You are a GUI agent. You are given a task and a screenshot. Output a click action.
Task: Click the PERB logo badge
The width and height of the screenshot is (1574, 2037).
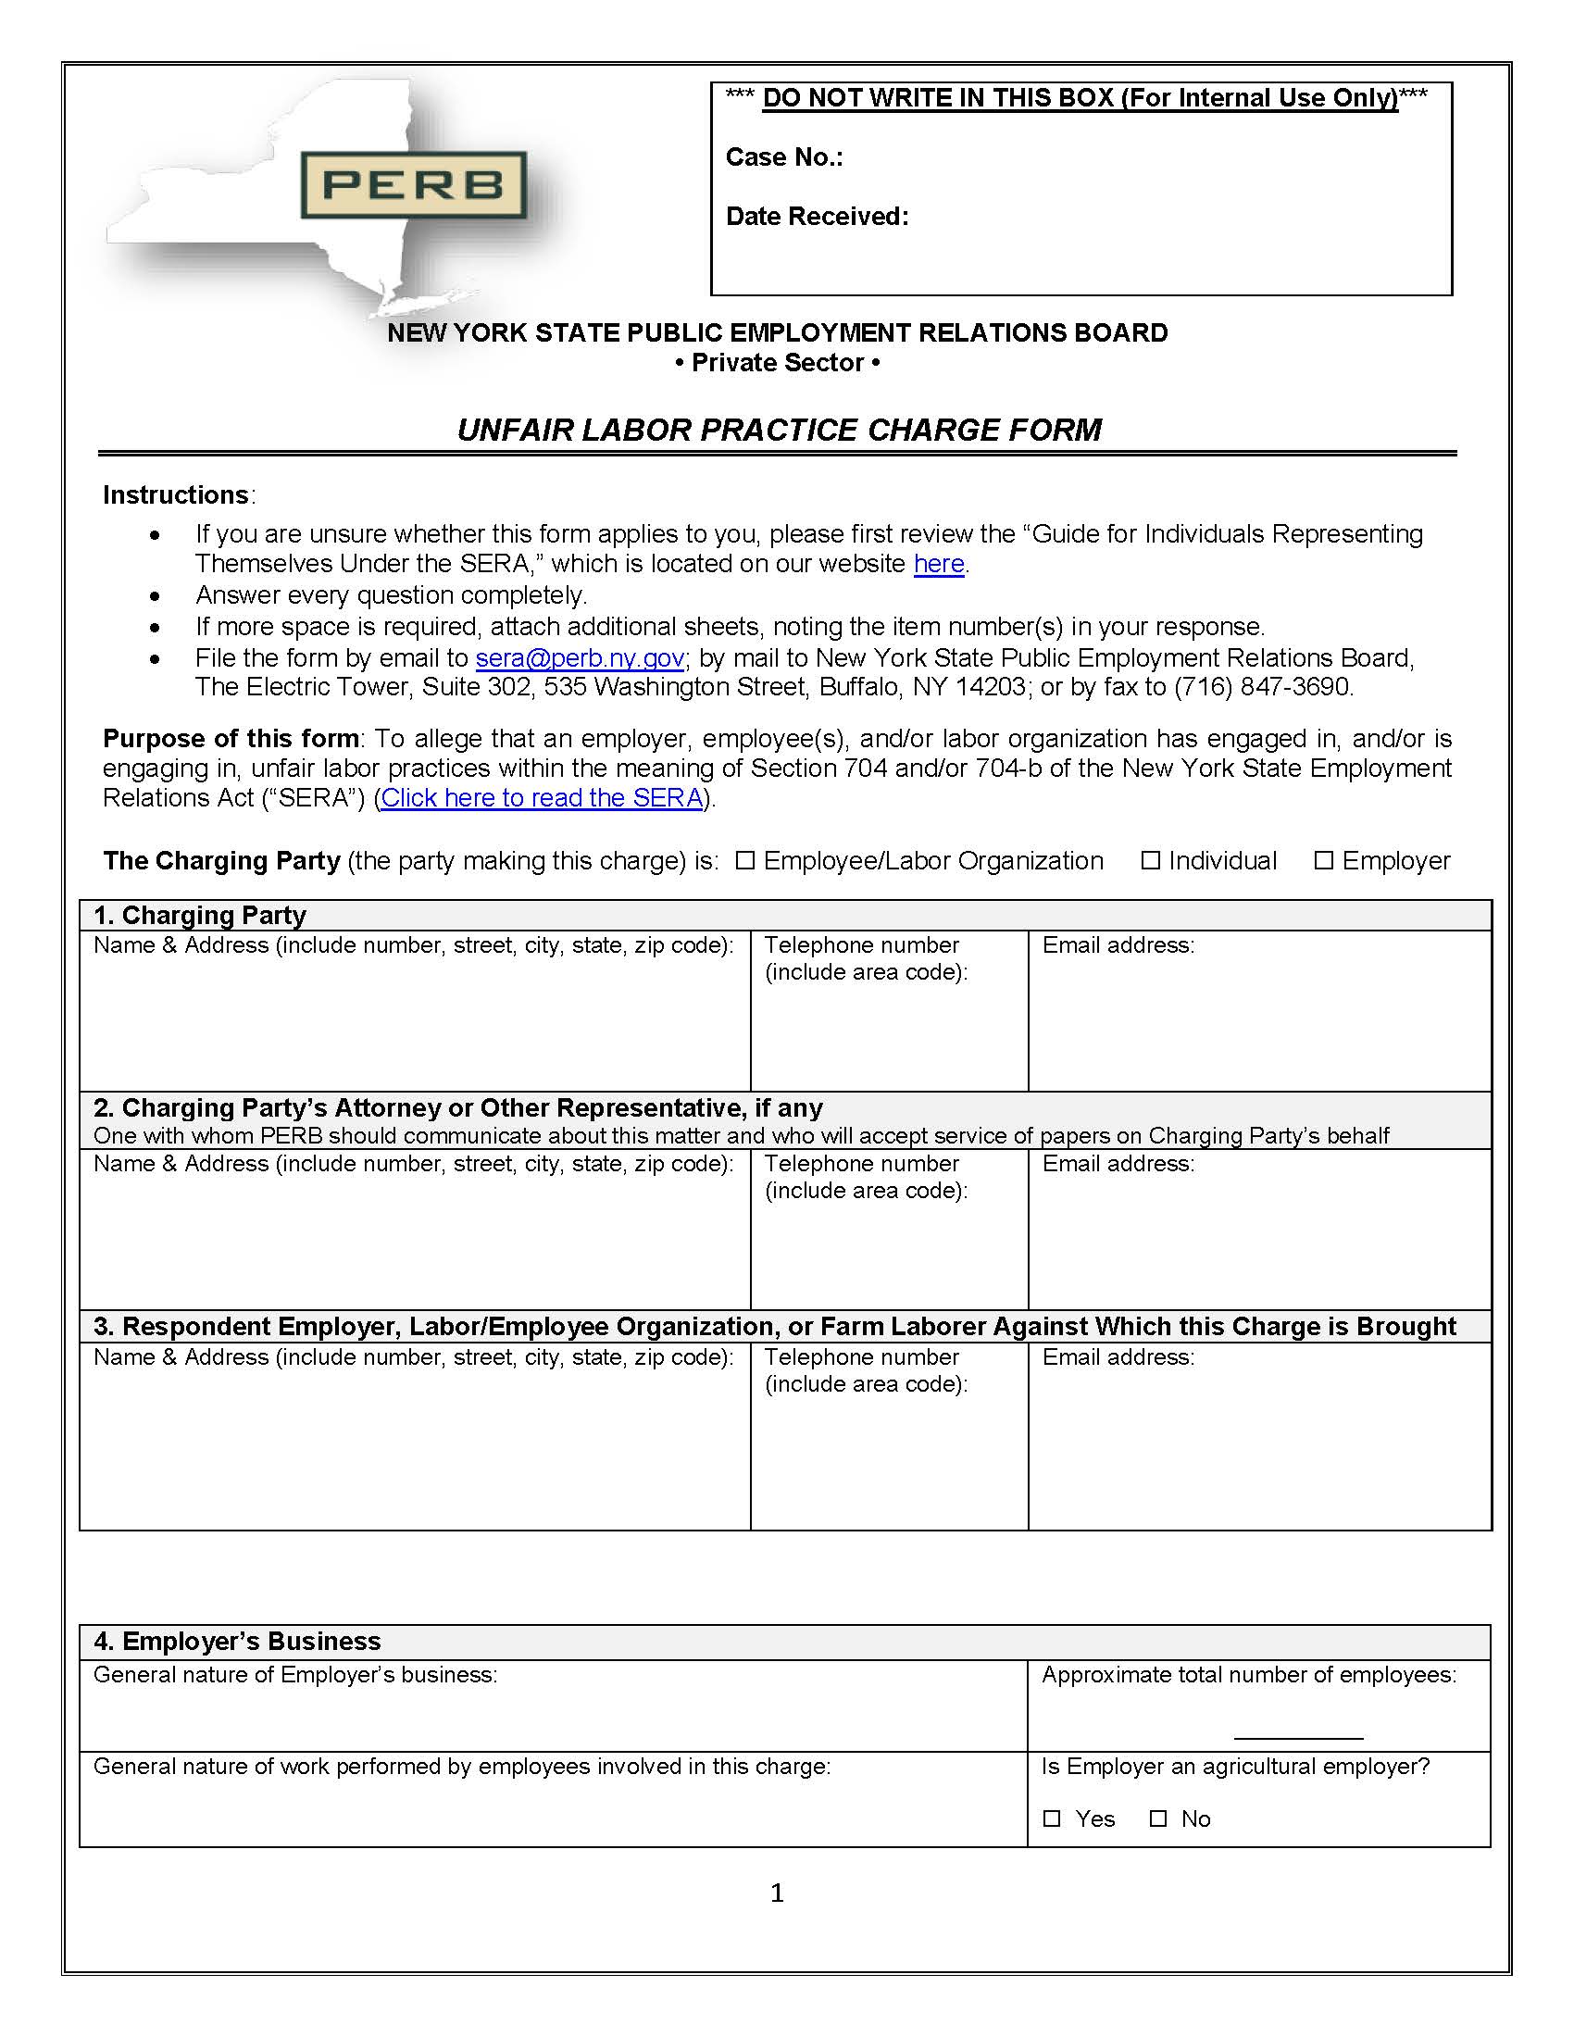tap(413, 184)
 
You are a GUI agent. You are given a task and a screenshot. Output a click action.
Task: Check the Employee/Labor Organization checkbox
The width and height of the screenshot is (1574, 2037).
tap(744, 860)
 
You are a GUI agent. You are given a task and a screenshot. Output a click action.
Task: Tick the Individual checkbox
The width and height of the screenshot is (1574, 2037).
tap(1151, 860)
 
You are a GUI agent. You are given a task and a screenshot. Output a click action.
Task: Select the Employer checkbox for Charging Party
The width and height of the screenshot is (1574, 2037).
tap(1323, 860)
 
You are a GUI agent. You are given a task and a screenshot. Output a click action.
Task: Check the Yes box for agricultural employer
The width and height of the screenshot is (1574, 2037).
tap(1052, 1818)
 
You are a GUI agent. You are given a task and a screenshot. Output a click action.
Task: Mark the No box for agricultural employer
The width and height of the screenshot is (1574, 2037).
tap(1158, 1818)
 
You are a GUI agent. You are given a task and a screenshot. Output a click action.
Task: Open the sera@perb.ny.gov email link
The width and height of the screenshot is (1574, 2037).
tap(580, 658)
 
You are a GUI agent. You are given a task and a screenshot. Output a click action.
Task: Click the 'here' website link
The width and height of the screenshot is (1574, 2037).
tap(938, 564)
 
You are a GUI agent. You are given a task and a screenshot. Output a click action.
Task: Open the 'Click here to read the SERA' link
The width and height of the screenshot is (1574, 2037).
tap(542, 798)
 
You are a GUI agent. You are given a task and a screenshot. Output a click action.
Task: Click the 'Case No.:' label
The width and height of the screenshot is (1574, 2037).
tap(784, 157)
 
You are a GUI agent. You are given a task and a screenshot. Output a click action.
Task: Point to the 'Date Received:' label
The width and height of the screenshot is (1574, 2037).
tap(817, 217)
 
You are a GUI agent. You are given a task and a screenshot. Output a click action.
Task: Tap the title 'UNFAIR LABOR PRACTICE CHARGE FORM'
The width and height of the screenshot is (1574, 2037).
tap(779, 430)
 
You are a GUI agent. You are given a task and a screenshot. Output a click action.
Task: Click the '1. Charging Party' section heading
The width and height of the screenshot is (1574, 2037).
tap(200, 915)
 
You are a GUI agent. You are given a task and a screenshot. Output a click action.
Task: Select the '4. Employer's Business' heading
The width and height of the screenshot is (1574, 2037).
tap(237, 1641)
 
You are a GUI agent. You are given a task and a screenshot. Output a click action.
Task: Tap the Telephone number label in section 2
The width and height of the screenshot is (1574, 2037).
tap(862, 1164)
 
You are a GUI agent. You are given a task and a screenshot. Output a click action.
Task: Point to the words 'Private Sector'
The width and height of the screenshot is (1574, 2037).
tap(778, 363)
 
